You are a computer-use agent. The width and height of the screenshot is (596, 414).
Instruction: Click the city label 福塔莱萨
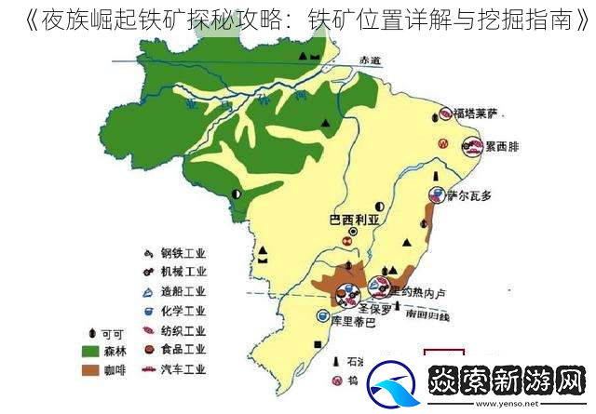477,114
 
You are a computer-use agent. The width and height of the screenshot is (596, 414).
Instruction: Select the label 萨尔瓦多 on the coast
469,195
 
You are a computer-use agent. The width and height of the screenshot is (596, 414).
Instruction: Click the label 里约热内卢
417,292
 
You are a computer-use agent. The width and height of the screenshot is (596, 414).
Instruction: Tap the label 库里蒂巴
351,323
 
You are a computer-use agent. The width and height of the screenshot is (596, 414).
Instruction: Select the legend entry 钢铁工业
183,253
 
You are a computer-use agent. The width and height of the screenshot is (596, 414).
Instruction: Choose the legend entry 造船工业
183,291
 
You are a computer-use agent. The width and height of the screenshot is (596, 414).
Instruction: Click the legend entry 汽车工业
183,368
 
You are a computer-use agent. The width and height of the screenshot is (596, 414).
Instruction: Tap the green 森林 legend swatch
90,351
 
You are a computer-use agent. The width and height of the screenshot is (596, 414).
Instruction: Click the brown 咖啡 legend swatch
90,369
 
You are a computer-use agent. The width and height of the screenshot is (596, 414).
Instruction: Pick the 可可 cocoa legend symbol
91,332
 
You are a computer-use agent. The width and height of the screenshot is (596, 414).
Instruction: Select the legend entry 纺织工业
183,330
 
